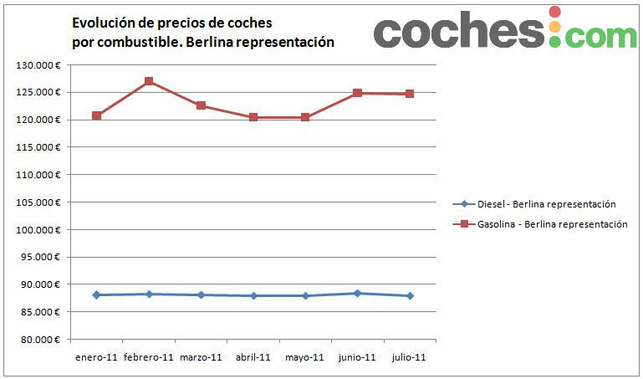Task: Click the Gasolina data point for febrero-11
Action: coord(149,81)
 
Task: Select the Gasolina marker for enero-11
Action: coord(97,115)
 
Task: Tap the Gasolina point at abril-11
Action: coord(253,117)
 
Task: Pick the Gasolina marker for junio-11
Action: coord(357,93)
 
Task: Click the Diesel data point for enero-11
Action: coord(97,294)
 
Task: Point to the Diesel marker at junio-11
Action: coord(357,293)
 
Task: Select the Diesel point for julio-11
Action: coord(410,295)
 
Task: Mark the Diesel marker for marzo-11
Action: coord(201,294)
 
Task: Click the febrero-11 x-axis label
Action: coord(149,357)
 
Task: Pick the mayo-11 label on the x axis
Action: coord(305,357)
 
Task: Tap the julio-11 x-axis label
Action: coord(410,357)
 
